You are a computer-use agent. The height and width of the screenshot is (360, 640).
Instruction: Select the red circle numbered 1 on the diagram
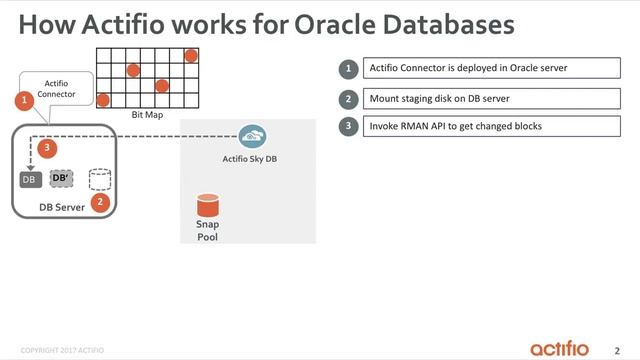pyautogui.click(x=24, y=100)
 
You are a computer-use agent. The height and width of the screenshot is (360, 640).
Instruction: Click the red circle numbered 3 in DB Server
pyautogui.click(x=47, y=148)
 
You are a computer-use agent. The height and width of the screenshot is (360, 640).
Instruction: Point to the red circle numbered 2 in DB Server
pyautogui.click(x=98, y=201)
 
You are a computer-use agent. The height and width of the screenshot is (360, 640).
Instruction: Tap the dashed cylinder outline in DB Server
pyautogui.click(x=98, y=178)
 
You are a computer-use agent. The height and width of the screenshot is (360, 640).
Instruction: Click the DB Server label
pyautogui.click(x=62, y=207)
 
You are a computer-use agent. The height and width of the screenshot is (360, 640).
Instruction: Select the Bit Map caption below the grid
pyautogui.click(x=147, y=116)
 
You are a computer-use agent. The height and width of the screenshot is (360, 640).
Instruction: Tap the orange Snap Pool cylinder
pyautogui.click(x=207, y=205)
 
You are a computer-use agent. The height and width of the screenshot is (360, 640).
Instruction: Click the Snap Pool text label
pyautogui.click(x=207, y=231)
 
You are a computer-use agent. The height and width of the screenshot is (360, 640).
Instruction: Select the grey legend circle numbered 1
pyautogui.click(x=349, y=69)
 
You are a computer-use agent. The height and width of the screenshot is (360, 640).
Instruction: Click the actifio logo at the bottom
pyautogui.click(x=566, y=347)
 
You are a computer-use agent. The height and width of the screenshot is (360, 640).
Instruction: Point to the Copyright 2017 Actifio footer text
pyautogui.click(x=62, y=350)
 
